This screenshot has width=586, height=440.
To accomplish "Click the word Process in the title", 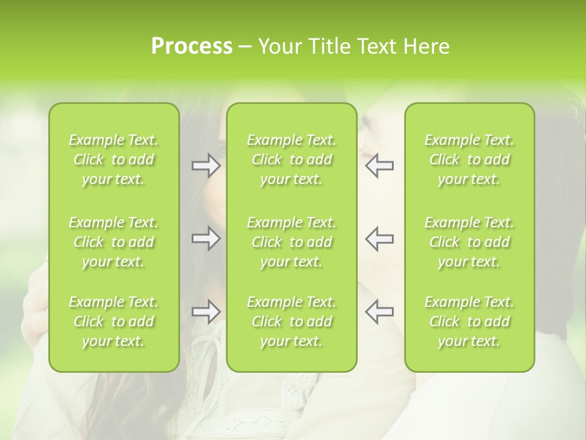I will [192, 46].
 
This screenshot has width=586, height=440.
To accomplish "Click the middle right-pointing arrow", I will [206, 238].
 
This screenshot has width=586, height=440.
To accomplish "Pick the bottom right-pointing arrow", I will [206, 312].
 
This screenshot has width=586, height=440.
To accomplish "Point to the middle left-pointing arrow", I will [379, 238].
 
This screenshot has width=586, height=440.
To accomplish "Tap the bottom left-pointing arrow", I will [379, 312].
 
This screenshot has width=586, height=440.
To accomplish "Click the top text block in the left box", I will [114, 159].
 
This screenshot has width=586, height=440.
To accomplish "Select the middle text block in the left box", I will [114, 242].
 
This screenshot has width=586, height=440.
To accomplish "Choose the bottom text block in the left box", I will [114, 321].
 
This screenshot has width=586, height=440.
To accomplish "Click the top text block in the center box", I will [291, 159].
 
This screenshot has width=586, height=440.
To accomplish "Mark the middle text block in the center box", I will [291, 242].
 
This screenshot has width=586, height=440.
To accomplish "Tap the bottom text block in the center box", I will [291, 321].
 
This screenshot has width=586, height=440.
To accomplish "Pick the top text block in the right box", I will [469, 159].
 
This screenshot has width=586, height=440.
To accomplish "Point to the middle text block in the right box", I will [469, 242].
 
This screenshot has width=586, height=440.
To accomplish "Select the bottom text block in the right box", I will [469, 321].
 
